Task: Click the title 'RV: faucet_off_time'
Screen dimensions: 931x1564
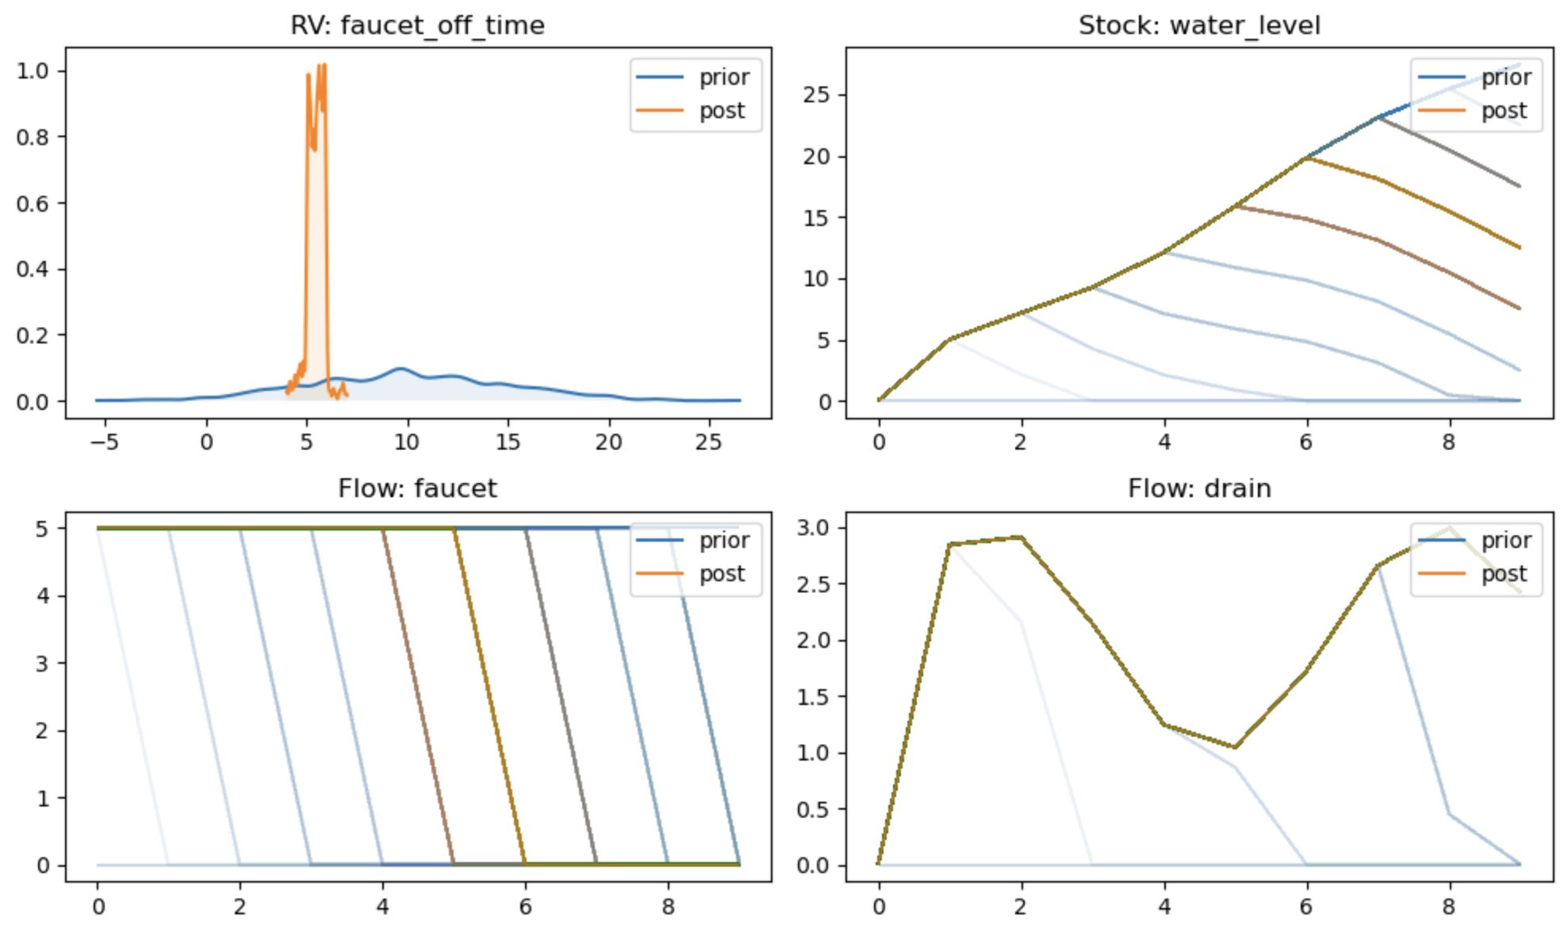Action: point(417,25)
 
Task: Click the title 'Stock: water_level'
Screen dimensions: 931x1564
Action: point(1198,25)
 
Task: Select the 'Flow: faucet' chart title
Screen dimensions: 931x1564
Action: point(417,488)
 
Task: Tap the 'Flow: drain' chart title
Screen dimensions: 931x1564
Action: point(1198,488)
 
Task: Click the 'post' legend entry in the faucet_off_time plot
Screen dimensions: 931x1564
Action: point(721,111)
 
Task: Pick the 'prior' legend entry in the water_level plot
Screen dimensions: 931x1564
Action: point(1505,78)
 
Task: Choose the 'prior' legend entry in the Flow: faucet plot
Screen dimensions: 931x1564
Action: point(723,541)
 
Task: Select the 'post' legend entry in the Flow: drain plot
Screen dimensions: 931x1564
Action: point(1504,574)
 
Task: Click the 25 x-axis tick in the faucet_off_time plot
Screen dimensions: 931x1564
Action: point(708,443)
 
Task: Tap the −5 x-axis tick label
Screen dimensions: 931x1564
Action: point(105,443)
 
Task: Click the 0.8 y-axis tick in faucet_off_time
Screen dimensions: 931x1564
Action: point(33,137)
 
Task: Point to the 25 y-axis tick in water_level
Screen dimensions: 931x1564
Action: point(816,95)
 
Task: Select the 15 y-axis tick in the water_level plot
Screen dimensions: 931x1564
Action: point(816,218)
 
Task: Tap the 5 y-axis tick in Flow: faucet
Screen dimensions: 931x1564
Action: point(41,528)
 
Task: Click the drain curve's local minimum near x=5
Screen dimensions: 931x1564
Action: point(1235,747)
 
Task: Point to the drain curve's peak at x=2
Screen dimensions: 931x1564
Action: point(1022,538)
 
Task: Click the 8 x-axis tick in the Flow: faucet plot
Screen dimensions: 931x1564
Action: point(668,906)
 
